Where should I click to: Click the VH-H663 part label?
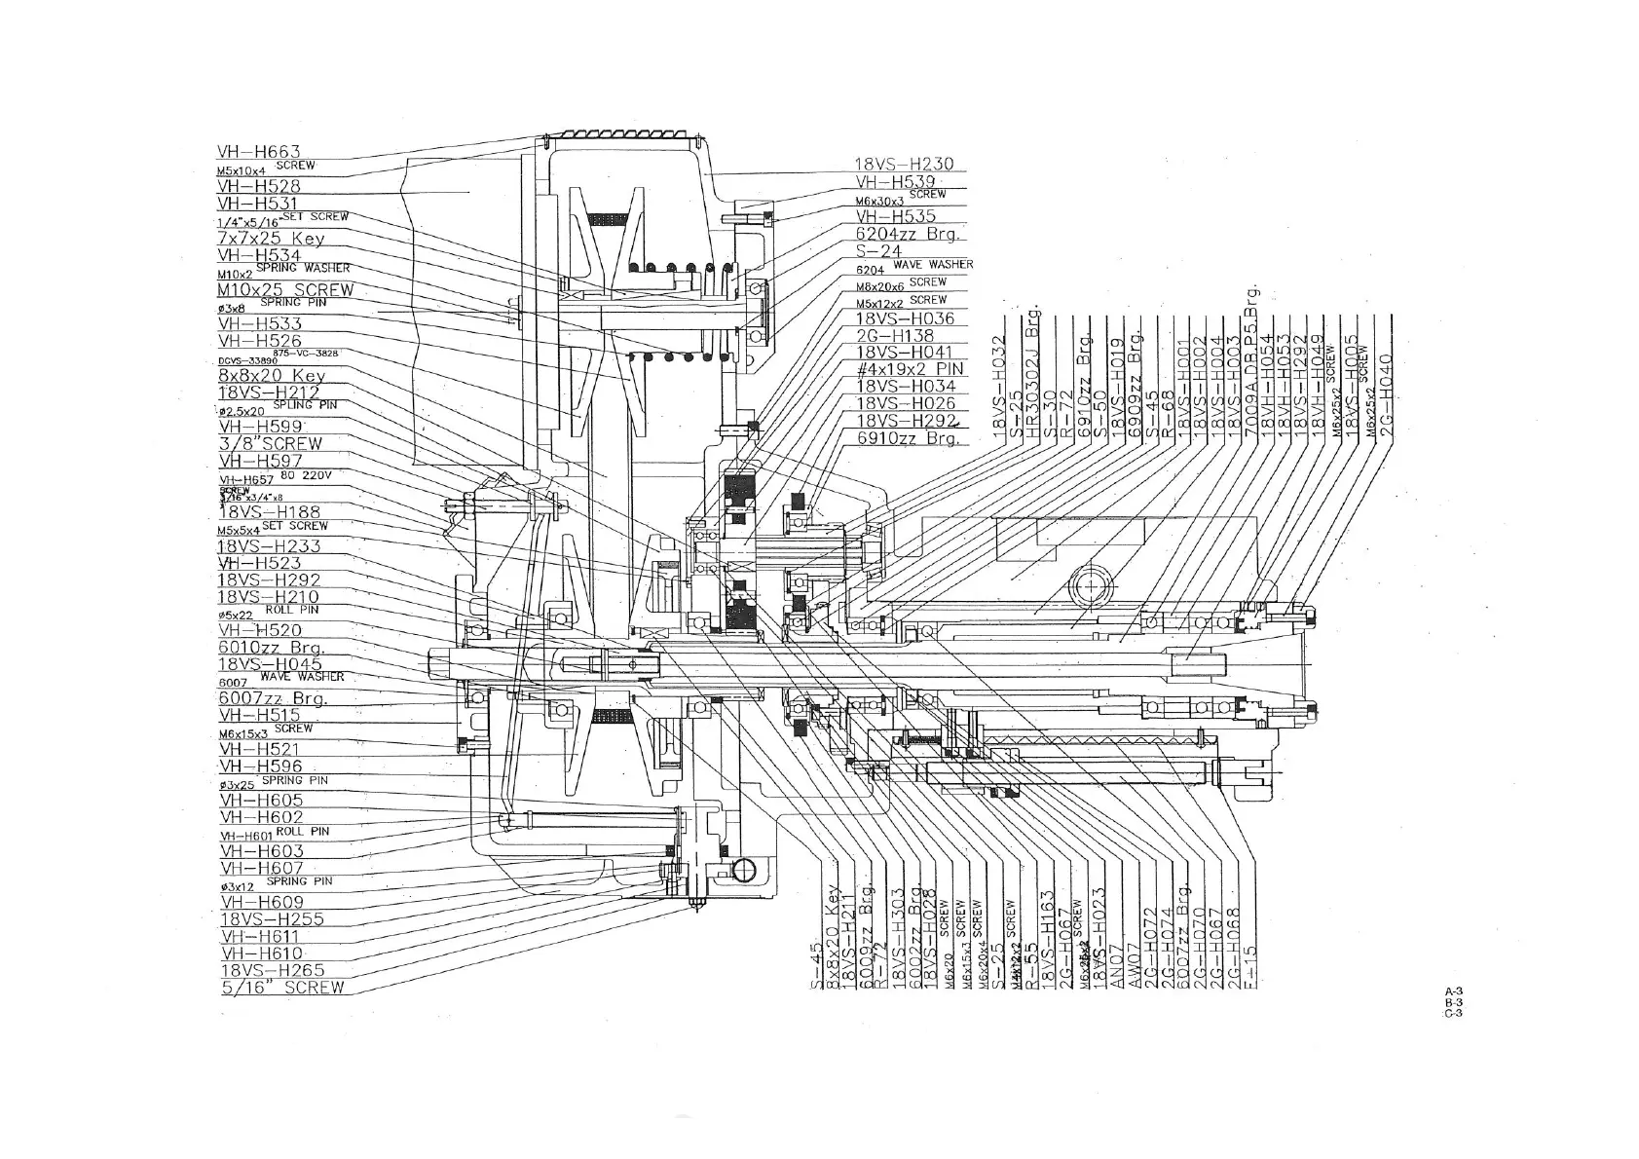(x=258, y=152)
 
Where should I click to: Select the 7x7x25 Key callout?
(x=271, y=239)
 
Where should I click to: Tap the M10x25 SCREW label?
(x=285, y=290)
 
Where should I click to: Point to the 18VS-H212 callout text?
(x=269, y=393)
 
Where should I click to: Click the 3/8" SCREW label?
(x=270, y=443)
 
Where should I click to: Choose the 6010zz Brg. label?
(x=272, y=648)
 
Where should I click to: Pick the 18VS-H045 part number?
(x=270, y=664)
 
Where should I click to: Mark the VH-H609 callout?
(x=262, y=903)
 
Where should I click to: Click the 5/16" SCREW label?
(x=282, y=988)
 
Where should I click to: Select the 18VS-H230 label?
(x=904, y=165)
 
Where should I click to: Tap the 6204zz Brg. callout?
(x=908, y=234)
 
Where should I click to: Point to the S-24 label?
(x=878, y=250)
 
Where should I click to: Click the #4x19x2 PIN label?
(x=909, y=369)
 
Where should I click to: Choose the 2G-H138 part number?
(x=894, y=336)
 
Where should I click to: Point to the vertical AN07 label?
(x=1115, y=964)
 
